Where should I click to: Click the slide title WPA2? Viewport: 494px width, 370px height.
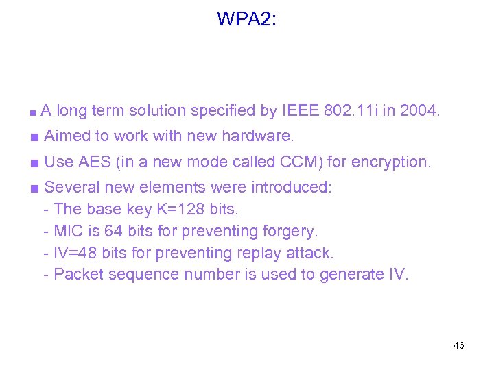247,18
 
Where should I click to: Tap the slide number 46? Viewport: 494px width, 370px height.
459,345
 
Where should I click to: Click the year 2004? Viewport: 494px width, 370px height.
419,110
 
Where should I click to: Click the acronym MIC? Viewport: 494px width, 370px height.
69,231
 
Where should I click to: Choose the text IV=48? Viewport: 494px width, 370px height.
75,253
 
